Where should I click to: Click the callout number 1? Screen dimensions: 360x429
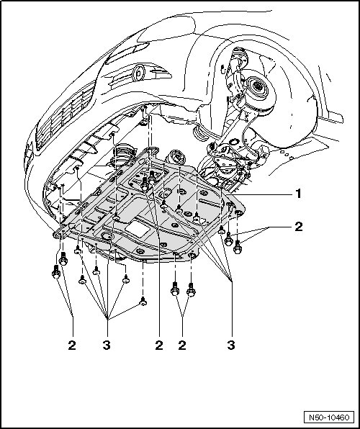click(298, 194)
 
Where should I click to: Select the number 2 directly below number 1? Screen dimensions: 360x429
click(298, 227)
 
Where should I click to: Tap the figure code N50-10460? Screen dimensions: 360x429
click(329, 417)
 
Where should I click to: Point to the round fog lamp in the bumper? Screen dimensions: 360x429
click(138, 73)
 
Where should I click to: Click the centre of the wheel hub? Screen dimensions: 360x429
click(257, 86)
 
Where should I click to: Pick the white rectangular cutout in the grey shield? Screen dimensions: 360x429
click(138, 228)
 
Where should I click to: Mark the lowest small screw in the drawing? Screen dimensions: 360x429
click(143, 301)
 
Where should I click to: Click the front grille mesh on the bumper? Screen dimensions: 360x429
click(66, 115)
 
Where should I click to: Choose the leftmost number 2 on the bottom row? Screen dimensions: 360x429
click(72, 346)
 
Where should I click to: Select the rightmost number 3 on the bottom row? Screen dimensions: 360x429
click(231, 346)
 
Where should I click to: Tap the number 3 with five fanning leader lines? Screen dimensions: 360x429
click(107, 346)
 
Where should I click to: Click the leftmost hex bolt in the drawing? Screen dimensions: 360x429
click(56, 271)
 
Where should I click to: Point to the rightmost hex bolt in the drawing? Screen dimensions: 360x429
click(238, 247)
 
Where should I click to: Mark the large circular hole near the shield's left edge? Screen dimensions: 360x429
click(107, 236)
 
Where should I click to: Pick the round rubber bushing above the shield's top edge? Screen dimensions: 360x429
click(176, 158)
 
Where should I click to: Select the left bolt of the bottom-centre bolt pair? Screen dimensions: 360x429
click(175, 289)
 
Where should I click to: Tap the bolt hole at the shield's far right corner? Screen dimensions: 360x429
click(238, 213)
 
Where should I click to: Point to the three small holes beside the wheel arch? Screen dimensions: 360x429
click(287, 155)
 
